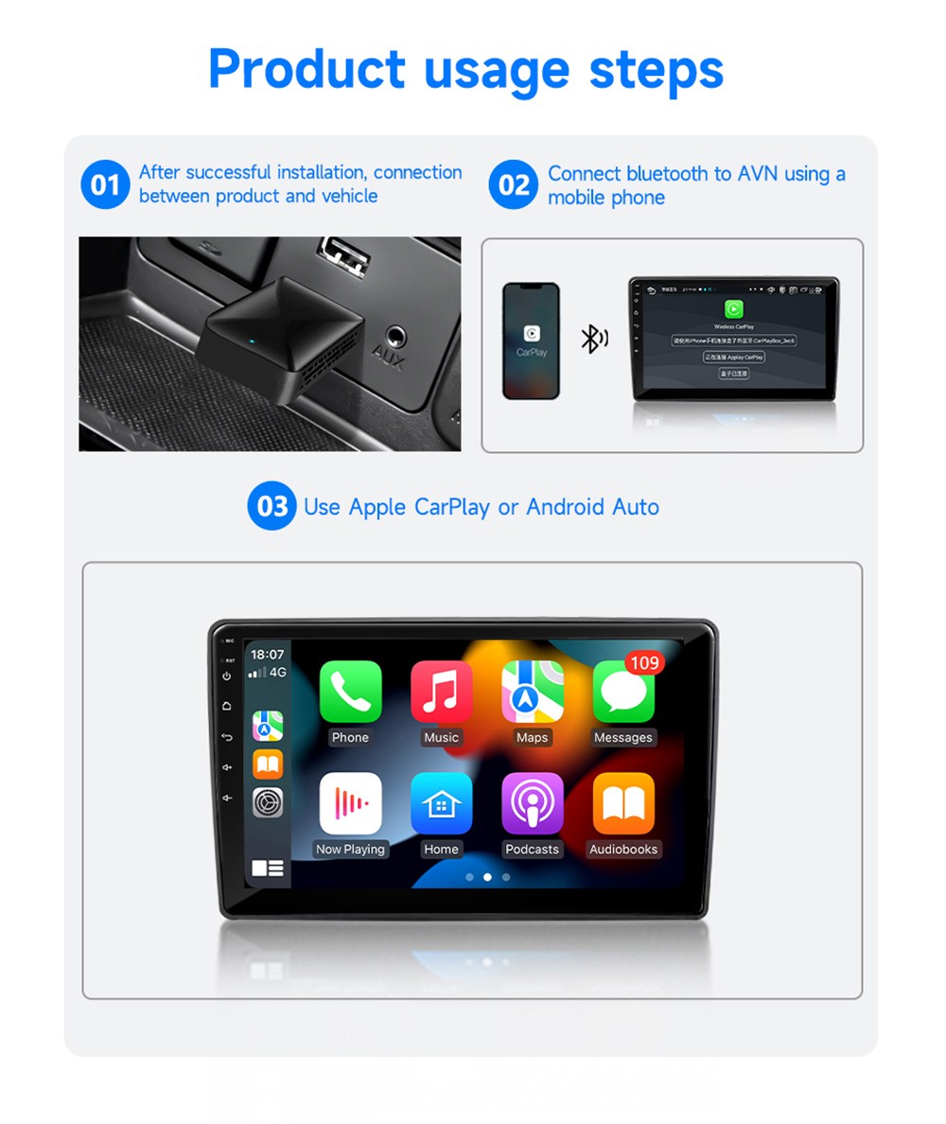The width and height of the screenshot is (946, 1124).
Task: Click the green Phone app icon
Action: click(350, 692)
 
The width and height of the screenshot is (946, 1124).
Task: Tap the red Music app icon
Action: click(441, 692)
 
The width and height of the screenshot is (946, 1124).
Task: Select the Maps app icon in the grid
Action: click(532, 692)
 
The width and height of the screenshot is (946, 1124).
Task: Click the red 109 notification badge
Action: click(644, 662)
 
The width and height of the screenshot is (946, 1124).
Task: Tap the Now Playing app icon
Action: click(350, 803)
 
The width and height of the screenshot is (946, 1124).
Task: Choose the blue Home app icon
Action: click(441, 803)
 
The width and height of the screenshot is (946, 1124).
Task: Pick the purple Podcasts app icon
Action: click(532, 803)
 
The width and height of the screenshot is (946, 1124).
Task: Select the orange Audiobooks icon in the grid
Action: click(622, 803)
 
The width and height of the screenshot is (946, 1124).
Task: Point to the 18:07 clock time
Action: click(267, 654)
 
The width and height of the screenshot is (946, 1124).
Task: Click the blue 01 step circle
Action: click(104, 184)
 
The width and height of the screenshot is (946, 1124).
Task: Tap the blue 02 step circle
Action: click(513, 184)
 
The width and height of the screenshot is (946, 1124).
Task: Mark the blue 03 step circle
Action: click(272, 506)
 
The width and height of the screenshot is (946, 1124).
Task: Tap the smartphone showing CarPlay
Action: click(531, 341)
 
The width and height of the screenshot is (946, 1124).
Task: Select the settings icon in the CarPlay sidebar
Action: click(268, 802)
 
